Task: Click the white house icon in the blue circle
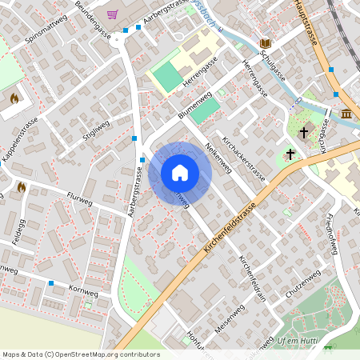coord(180,173)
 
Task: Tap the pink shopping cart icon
coord(112,14)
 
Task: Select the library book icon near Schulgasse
coord(265,42)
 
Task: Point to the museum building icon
coord(346,114)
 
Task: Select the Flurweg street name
coord(81,195)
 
